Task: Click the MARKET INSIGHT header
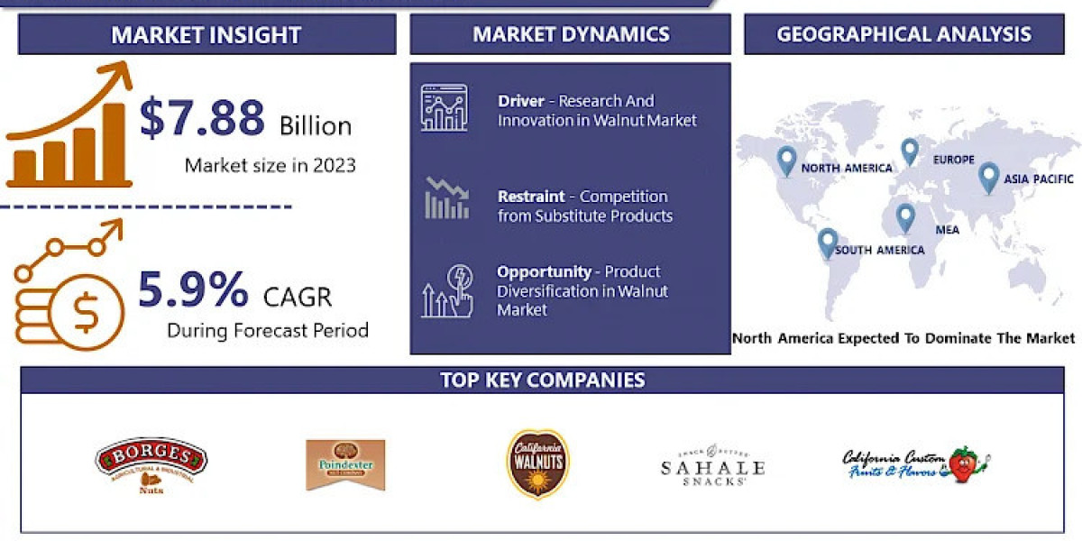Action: [206, 35]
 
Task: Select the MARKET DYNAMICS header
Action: [571, 34]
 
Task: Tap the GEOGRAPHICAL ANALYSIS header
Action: [903, 34]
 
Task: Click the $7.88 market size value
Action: [203, 119]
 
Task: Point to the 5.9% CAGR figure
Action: [193, 290]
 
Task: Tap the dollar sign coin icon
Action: [86, 312]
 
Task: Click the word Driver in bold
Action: [521, 101]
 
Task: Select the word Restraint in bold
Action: [531, 196]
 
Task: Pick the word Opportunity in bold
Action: [544, 271]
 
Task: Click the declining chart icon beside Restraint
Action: [446, 198]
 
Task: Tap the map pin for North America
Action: [787, 160]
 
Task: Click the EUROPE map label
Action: [953, 160]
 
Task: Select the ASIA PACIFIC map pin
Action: [988, 177]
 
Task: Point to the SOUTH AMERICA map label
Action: [879, 250]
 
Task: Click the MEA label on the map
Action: [947, 230]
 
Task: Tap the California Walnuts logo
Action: [537, 463]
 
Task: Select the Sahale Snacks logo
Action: [712, 465]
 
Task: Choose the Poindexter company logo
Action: [345, 464]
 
